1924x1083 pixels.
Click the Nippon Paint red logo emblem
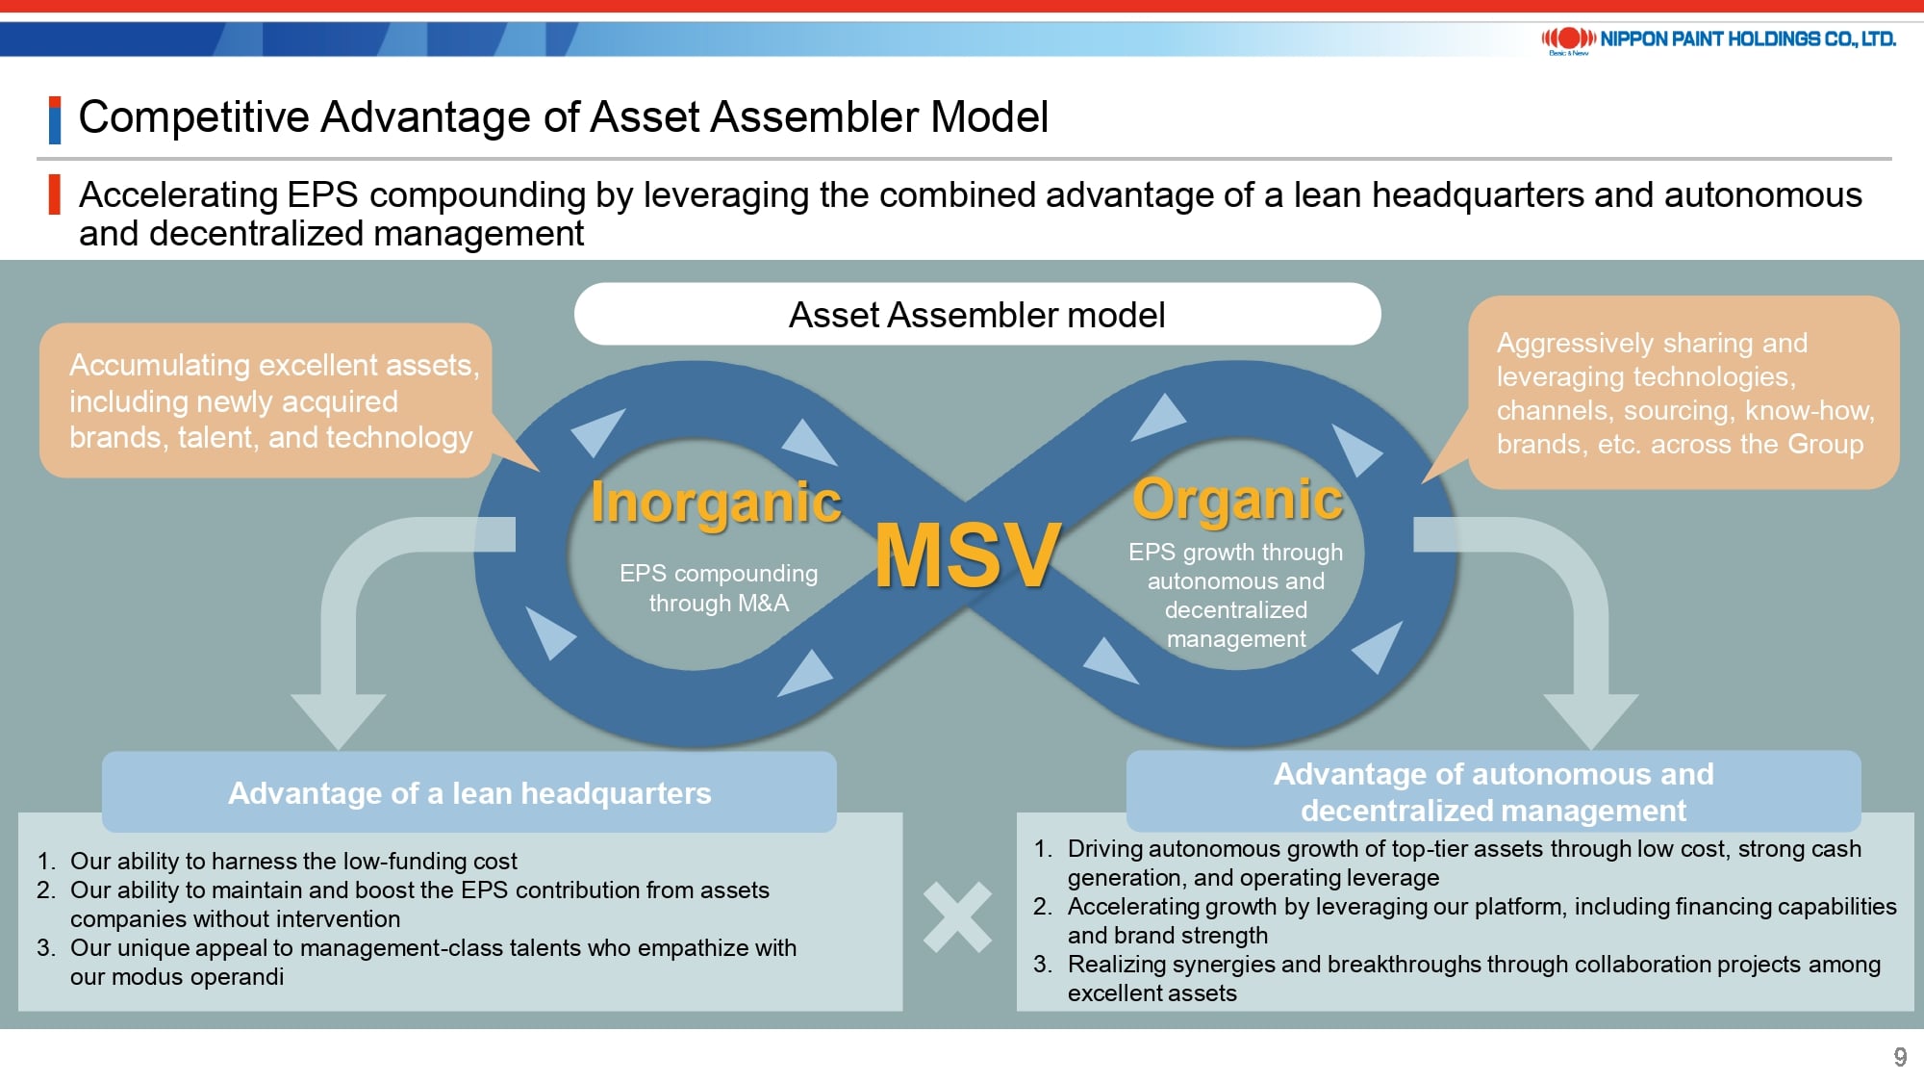pyautogui.click(x=1568, y=39)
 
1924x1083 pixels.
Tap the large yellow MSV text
pyautogui.click(x=968, y=555)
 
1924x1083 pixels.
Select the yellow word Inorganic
pyautogui.click(x=716, y=503)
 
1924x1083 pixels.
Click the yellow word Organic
pyautogui.click(x=1237, y=500)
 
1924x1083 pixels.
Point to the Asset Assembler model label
pyautogui.click(x=977, y=315)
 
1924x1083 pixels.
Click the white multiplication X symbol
pyautogui.click(x=957, y=917)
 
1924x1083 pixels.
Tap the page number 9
pyautogui.click(x=1900, y=1057)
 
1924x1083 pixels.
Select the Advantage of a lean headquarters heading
pyautogui.click(x=469, y=793)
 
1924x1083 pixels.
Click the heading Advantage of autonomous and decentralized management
pyautogui.click(x=1494, y=791)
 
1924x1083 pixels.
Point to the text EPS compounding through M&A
pyautogui.click(x=719, y=588)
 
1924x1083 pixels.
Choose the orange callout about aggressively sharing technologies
pyautogui.click(x=1683, y=393)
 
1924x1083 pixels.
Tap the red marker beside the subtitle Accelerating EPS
pyautogui.click(x=55, y=194)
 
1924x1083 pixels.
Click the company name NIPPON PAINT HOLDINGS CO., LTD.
pyautogui.click(x=1748, y=39)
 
